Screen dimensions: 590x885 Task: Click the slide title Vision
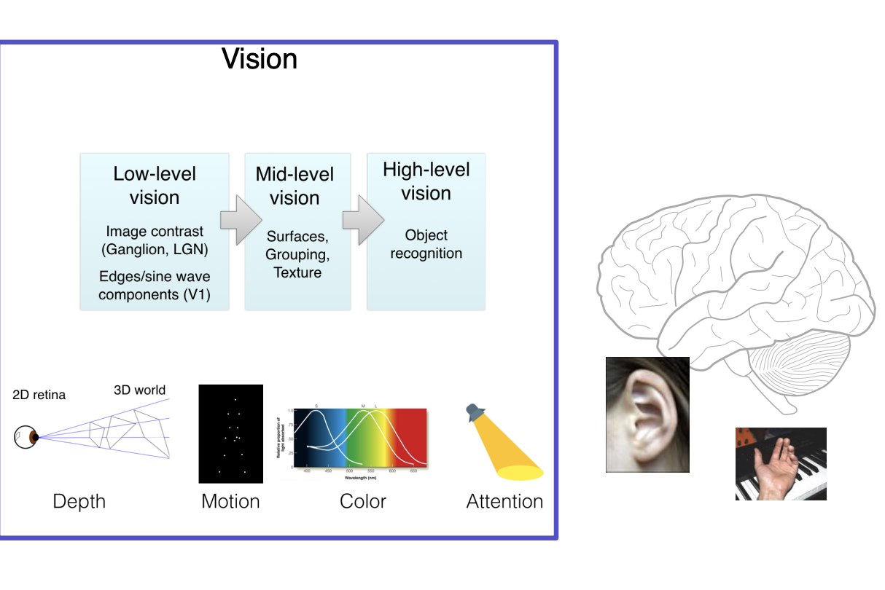260,58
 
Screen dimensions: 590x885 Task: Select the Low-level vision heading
155,186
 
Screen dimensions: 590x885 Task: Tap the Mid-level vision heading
295,186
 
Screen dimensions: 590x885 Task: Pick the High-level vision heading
426,181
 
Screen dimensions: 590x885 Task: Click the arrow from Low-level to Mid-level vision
240,219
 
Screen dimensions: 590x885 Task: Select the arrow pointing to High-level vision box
362,219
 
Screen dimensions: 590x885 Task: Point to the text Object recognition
426,244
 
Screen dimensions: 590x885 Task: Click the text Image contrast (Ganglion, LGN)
154,240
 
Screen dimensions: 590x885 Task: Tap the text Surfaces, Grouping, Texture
297,254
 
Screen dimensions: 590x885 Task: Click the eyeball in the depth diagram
26,437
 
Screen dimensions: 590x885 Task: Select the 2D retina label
39,395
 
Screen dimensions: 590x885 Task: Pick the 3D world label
139,390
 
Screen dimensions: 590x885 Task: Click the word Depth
79,501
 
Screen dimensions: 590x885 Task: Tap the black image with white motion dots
230,433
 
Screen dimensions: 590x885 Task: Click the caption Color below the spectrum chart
362,501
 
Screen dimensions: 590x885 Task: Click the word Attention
504,501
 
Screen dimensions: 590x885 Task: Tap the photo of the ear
647,414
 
